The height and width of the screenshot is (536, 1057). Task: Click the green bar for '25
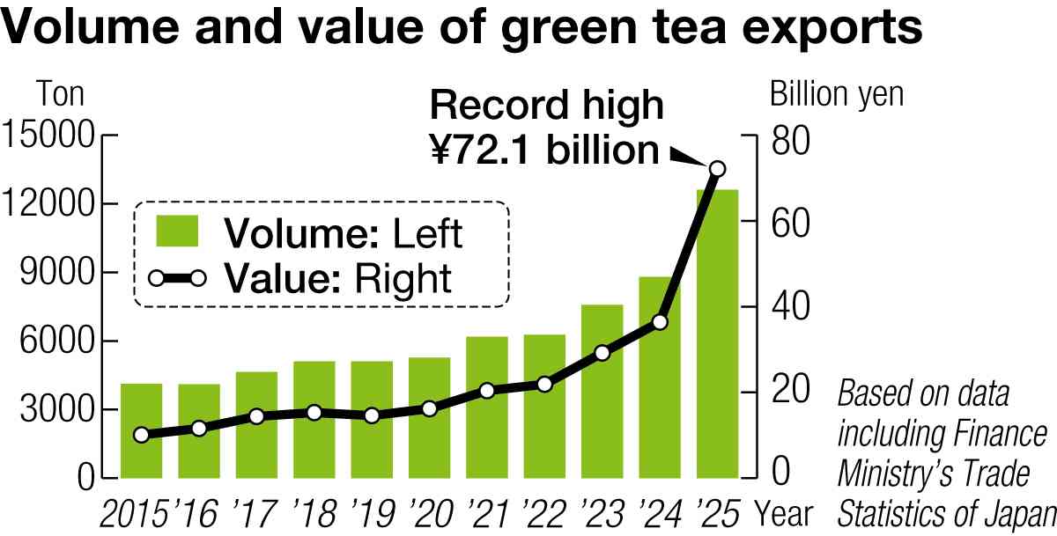point(717,334)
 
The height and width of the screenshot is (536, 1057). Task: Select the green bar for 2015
point(141,431)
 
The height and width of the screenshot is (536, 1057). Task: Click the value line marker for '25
point(717,169)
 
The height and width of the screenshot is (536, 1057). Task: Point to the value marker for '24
point(660,322)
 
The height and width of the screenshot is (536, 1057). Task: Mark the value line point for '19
point(372,415)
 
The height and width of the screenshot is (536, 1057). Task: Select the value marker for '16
point(199,429)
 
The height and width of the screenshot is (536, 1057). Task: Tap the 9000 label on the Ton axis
point(55,274)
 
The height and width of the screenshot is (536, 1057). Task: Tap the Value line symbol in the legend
point(177,279)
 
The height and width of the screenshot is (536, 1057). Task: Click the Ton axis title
point(60,93)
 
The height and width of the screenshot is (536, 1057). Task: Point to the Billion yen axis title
point(837,93)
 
